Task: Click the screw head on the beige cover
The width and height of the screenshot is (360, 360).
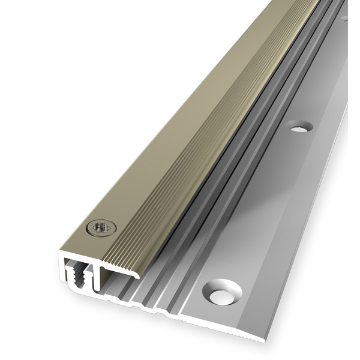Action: (100, 227)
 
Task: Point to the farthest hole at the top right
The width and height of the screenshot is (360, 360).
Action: (345, 18)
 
